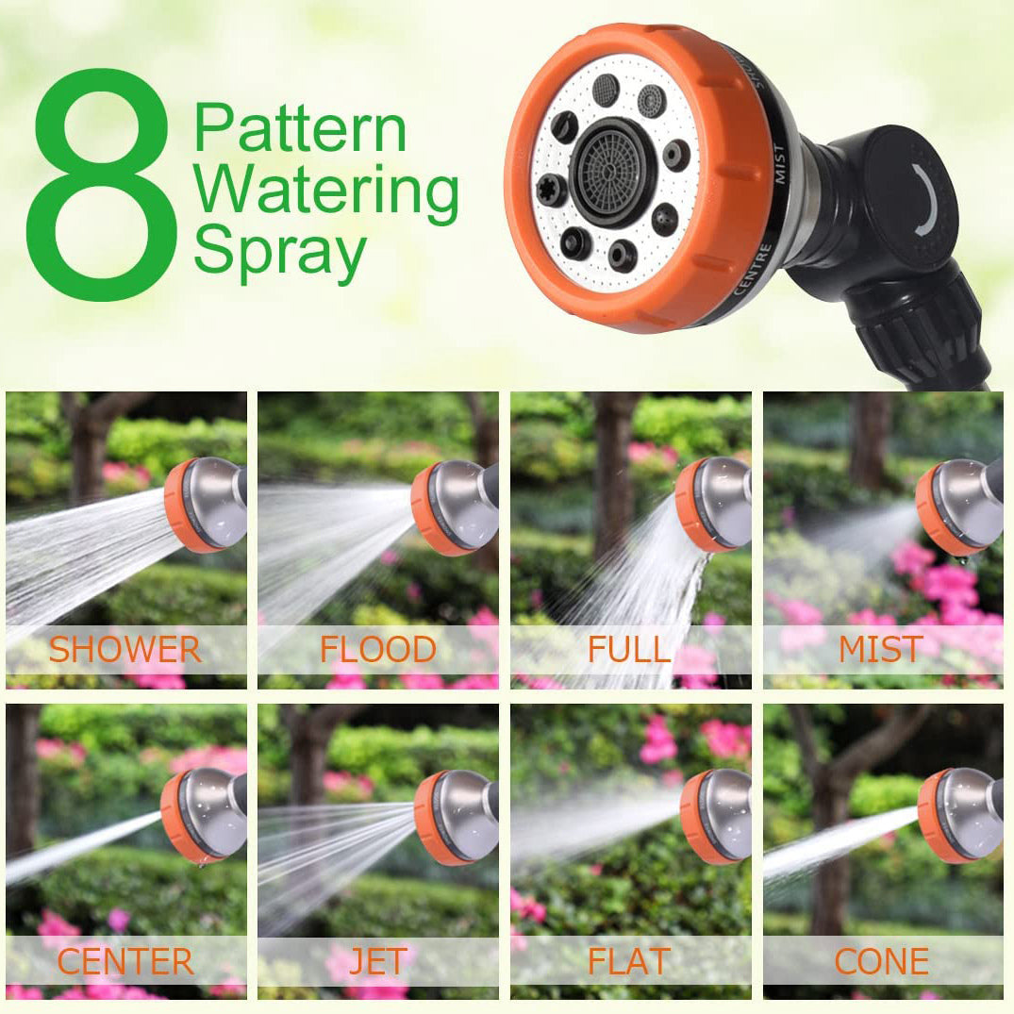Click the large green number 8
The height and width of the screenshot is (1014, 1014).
point(102,184)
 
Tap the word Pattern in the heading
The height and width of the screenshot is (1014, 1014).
point(300,128)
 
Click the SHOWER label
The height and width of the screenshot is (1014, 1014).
point(125,649)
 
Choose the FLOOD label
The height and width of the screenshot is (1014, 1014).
point(377,649)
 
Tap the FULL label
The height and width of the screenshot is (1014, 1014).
point(629,649)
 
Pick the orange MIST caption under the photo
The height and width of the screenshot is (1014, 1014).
point(880,649)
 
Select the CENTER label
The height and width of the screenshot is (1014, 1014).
point(125,961)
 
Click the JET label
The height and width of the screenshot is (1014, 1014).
point(377,961)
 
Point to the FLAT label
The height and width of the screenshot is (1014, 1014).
point(629,961)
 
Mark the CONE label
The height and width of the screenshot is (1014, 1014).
point(881,961)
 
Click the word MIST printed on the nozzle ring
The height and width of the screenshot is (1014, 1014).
point(778,164)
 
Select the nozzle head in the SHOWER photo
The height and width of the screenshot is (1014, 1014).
point(205,505)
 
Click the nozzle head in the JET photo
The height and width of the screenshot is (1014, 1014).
point(456,818)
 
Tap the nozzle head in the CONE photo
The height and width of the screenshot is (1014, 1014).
point(959,815)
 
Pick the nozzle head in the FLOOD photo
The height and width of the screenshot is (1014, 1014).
point(454,507)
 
